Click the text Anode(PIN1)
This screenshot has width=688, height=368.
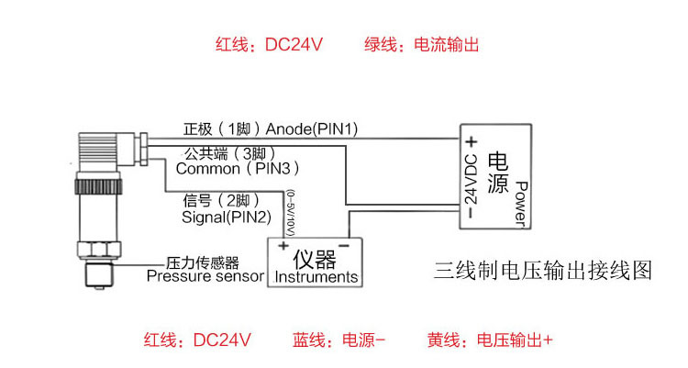tap(312, 128)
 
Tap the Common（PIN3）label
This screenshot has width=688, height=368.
tap(238, 168)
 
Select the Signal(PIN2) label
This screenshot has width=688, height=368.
tap(227, 217)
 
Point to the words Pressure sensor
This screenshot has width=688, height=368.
tap(205, 276)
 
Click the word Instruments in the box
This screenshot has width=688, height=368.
tap(316, 277)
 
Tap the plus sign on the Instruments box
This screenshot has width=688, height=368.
tap(283, 245)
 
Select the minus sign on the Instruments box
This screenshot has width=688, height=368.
tap(344, 245)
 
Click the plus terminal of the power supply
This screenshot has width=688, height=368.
tap(472, 142)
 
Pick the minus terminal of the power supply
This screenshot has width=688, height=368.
tap(471, 213)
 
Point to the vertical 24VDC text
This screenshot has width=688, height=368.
tap(471, 179)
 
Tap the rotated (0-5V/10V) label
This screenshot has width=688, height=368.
tap(290, 213)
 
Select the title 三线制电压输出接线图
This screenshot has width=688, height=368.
tap(543, 270)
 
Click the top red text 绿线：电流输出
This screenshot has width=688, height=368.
tap(421, 44)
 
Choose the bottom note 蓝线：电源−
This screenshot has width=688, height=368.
tap(338, 340)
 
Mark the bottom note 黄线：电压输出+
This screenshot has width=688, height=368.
tap(490, 340)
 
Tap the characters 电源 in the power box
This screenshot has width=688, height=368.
tap(498, 173)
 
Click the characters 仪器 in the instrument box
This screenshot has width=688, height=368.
tap(315, 259)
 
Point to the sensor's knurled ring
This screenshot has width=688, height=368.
tap(98, 186)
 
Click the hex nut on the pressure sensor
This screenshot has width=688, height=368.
tap(98, 249)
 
